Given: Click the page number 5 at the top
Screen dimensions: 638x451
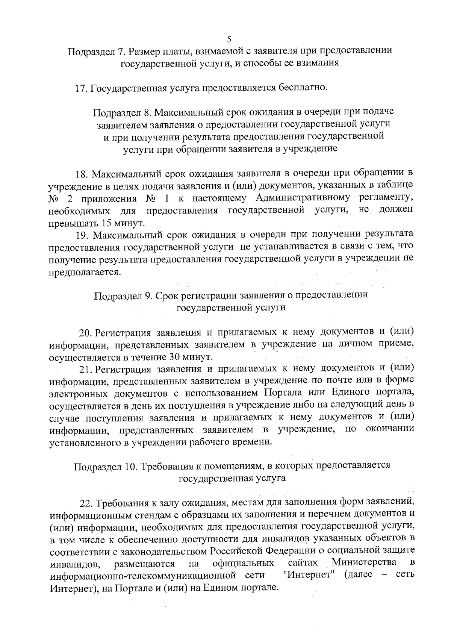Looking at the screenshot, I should (229, 39).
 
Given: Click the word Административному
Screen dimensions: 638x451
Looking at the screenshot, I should (303, 198).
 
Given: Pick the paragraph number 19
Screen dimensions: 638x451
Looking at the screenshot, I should (82, 235).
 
